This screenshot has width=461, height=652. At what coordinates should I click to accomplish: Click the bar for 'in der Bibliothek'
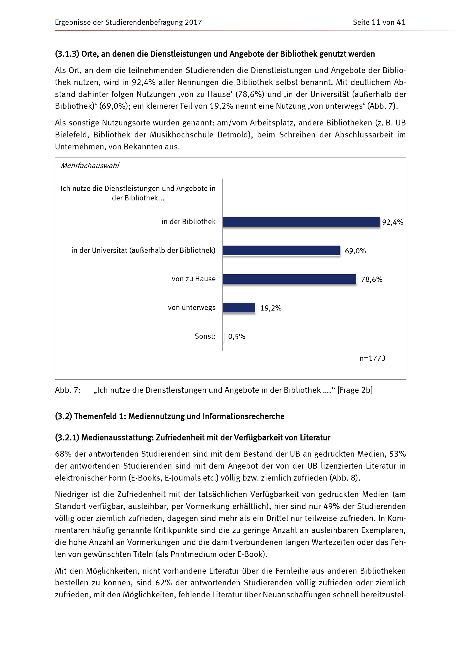tap(301, 222)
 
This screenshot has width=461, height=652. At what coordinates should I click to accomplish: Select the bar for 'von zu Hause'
tap(289, 279)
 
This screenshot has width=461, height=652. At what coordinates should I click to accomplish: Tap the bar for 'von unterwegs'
tap(239, 307)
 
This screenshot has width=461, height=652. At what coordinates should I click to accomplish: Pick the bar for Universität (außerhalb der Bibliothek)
tap(281, 251)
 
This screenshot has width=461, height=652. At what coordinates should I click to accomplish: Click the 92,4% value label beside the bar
tap(392, 222)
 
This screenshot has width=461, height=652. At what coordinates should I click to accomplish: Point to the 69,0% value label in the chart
tap(355, 251)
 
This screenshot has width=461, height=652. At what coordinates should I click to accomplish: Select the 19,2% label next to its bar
tap(271, 308)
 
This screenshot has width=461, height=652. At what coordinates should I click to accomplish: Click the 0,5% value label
tap(236, 336)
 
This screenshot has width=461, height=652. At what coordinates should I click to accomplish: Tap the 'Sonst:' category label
tap(205, 336)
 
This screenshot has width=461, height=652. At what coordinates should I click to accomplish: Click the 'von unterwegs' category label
tap(191, 307)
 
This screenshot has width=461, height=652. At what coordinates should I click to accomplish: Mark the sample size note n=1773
tap(372, 358)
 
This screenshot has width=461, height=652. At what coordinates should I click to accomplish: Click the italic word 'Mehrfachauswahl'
tap(90, 166)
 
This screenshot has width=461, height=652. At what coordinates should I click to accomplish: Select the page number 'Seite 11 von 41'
tap(379, 22)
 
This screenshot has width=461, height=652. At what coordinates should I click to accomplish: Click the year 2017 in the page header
tap(193, 22)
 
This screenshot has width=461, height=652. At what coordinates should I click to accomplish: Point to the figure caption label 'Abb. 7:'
tap(68, 390)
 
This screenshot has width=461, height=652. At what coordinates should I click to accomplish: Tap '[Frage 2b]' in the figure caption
tap(355, 390)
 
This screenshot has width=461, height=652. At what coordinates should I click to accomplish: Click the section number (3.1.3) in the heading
tap(67, 54)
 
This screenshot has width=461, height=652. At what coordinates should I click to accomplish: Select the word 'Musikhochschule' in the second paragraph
tap(181, 135)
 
